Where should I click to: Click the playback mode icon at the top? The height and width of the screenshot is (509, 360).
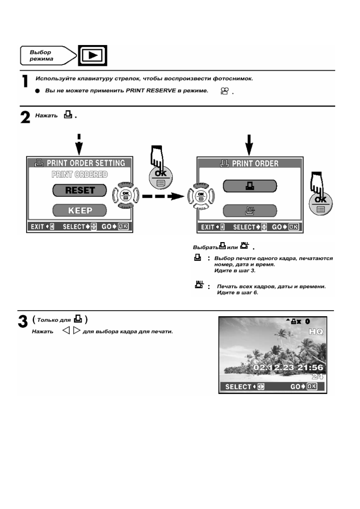click(93, 56)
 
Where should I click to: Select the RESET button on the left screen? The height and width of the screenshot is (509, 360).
click(80, 190)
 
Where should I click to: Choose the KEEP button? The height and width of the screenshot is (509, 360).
click(80, 210)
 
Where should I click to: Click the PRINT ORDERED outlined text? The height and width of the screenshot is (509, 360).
click(80, 174)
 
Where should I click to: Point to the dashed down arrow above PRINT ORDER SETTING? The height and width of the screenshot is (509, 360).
click(79, 144)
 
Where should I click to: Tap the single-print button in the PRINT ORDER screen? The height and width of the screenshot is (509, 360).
click(250, 186)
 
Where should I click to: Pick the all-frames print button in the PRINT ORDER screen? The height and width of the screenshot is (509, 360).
click(250, 211)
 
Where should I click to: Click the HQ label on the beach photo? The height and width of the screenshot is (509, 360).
click(316, 332)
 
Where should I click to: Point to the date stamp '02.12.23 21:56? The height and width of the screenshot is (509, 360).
click(288, 368)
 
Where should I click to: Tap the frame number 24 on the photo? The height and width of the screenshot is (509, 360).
click(317, 376)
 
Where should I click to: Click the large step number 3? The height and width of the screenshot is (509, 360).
click(23, 322)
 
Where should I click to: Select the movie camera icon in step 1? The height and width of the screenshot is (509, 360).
click(224, 91)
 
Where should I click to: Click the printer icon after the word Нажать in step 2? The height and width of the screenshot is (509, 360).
click(68, 115)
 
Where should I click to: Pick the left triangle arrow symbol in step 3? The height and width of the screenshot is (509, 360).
click(66, 331)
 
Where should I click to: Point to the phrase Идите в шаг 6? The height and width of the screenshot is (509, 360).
click(237, 293)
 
